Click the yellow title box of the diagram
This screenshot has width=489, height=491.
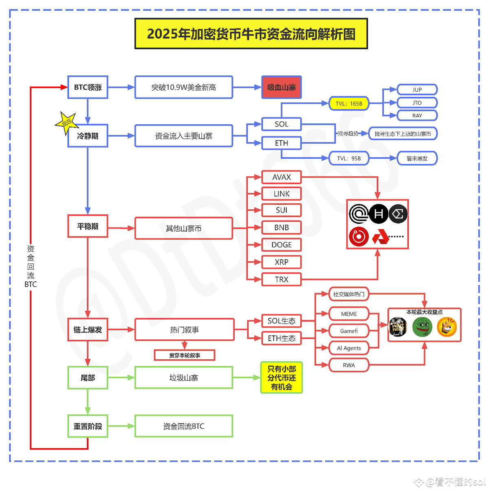pyautogui.click(x=251, y=34)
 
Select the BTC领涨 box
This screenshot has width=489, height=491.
pyautogui.click(x=88, y=87)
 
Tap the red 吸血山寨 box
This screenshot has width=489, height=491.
pyautogui.click(x=281, y=87)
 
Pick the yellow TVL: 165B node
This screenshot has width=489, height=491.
pyautogui.click(x=349, y=104)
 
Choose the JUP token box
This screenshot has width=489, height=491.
pyautogui.click(x=417, y=90)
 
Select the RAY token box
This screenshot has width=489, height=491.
pyautogui.click(x=417, y=116)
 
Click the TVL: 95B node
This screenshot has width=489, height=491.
pyautogui.click(x=349, y=159)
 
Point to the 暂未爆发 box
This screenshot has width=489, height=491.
pyautogui.click(x=417, y=159)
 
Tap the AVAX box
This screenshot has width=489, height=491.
pyautogui.click(x=281, y=177)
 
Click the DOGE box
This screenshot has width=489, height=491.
pyautogui.click(x=281, y=245)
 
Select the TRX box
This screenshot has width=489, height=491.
pyautogui.click(x=281, y=279)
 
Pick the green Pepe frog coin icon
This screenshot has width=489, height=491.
pyautogui.click(x=422, y=327)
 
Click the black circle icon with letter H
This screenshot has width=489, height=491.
pyautogui.click(x=379, y=214)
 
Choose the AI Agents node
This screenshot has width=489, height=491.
pyautogui.click(x=349, y=348)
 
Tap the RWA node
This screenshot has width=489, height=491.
pyautogui.click(x=349, y=365)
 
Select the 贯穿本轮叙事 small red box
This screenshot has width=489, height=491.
pyautogui.click(x=184, y=356)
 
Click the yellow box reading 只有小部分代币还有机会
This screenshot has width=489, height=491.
pyautogui.click(x=281, y=378)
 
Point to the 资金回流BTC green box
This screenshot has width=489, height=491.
pyautogui.click(x=183, y=427)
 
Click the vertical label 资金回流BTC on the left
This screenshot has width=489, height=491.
pyautogui.click(x=31, y=266)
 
